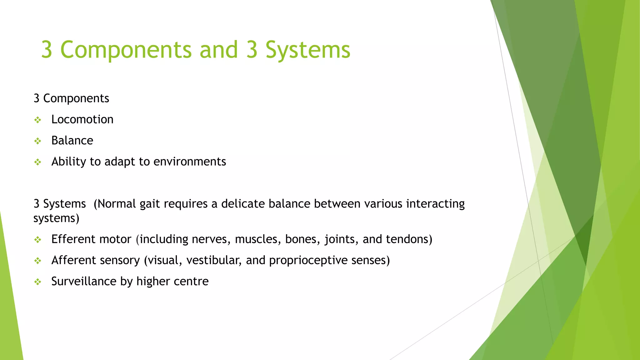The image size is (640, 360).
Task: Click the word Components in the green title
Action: [126, 50]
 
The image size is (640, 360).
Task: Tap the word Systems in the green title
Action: [308, 50]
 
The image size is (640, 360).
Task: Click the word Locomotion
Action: [82, 120]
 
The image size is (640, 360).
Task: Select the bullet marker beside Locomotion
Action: [38, 120]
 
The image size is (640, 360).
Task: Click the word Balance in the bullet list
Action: [72, 141]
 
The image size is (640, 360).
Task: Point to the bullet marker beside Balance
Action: [38, 141]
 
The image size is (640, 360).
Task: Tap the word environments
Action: [190, 162]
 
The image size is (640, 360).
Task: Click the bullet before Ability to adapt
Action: [38, 162]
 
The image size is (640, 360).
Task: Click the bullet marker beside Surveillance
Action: [38, 282]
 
